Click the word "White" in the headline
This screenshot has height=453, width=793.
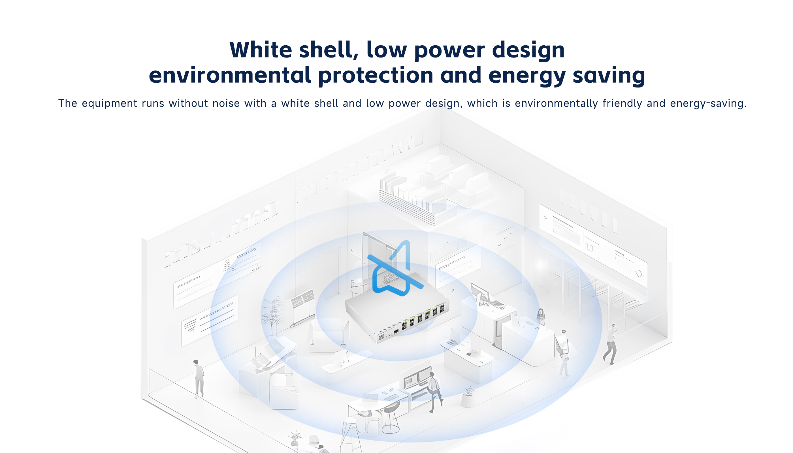tap(261, 50)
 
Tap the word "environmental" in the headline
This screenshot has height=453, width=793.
tap(230, 75)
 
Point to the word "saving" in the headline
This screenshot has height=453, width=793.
tap(608, 76)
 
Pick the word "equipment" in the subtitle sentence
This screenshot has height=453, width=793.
tap(109, 104)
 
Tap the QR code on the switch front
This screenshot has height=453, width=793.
tap(381, 337)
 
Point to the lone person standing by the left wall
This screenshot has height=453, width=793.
tap(199, 379)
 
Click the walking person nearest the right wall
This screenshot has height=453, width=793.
tap(610, 344)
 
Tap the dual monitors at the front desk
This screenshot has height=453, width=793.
tap(417, 377)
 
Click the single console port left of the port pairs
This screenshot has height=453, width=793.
tap(396, 331)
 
